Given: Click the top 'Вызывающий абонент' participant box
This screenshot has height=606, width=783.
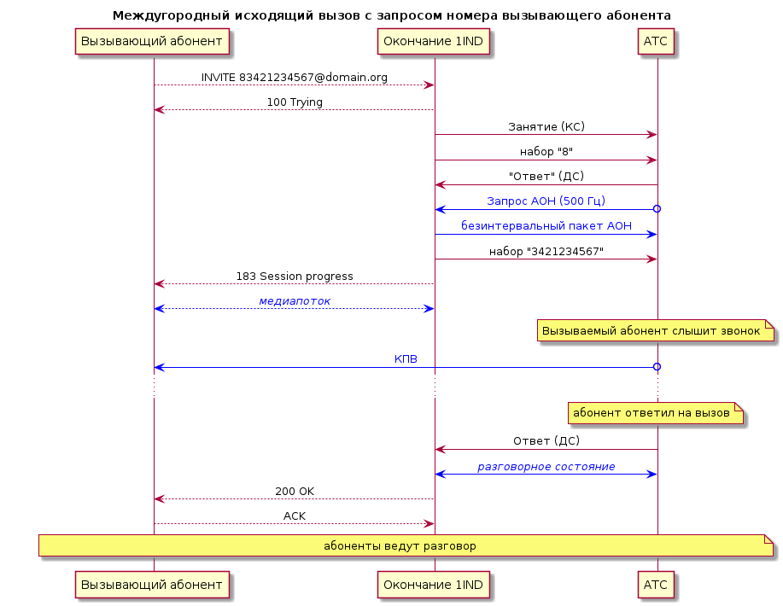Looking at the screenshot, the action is (x=152, y=41).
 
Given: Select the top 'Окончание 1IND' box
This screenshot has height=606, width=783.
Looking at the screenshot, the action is (x=434, y=41).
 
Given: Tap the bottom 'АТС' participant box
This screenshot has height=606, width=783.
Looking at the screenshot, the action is (x=656, y=585).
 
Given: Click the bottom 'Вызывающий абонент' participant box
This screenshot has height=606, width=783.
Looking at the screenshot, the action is (x=152, y=585).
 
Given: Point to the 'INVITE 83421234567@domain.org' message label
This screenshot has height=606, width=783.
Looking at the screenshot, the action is (x=294, y=78).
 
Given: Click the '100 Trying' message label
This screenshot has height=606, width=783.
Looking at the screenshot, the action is (x=295, y=102).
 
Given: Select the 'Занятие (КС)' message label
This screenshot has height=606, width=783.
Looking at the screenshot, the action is (x=546, y=127).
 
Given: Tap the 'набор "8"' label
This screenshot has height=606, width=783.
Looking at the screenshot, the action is (x=546, y=152).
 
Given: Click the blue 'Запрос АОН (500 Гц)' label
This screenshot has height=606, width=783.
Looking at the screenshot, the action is (x=546, y=201).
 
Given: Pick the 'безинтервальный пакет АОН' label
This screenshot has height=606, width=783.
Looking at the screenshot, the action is (x=546, y=226).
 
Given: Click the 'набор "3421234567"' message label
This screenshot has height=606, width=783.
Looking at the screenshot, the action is (x=546, y=251).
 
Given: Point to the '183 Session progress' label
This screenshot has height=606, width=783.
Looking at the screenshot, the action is (x=295, y=276).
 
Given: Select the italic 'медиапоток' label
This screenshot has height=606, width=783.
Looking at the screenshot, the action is (x=295, y=301).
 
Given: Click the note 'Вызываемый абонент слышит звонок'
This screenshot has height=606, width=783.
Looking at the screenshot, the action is (x=656, y=330).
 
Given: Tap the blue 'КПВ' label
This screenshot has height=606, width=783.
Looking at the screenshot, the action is (x=406, y=359).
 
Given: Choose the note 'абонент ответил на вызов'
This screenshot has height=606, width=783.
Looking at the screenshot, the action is (x=656, y=413).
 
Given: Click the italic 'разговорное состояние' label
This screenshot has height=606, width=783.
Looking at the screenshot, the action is (x=546, y=467).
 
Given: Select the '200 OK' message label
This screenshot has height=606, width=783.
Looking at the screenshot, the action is (x=295, y=491).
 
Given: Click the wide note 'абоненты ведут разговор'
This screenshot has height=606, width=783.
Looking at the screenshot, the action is (x=406, y=545).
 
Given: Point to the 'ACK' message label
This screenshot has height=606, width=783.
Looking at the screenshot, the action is (x=295, y=516).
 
